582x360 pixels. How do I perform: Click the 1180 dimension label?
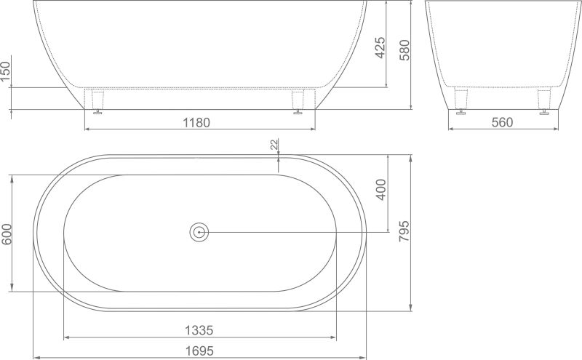(x=196, y=122)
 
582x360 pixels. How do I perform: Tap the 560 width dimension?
(x=502, y=122)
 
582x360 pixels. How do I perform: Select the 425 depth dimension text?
(x=380, y=47)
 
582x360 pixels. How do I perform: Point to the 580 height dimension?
(x=404, y=50)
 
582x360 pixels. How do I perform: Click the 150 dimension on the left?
(x=6, y=72)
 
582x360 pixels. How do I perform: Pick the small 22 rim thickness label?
(x=274, y=145)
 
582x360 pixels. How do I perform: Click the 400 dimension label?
(x=381, y=190)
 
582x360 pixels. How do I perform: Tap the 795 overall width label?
(x=404, y=231)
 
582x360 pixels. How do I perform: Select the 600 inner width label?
(x=7, y=234)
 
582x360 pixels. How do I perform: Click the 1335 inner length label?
(x=199, y=330)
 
